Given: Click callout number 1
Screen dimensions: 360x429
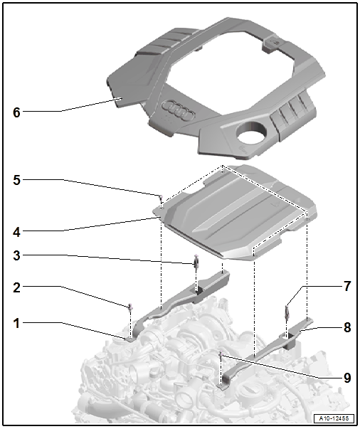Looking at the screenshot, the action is point(16,323).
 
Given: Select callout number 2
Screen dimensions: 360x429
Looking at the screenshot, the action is point(16,287).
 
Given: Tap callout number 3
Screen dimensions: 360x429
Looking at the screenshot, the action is point(16,255).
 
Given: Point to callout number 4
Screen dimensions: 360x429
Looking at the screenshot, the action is point(16,232).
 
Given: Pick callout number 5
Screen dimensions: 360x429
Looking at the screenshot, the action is point(16,180).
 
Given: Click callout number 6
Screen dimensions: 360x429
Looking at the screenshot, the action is point(16,112).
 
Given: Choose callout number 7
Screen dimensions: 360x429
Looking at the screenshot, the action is point(347,287).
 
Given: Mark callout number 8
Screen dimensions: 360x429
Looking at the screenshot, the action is point(347,327).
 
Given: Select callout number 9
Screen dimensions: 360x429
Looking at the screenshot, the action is point(347,378).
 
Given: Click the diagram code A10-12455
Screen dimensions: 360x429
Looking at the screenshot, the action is point(334,418).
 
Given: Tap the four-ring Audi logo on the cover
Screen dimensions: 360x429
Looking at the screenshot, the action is point(178,110).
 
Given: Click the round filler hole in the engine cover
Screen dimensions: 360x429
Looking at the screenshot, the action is point(252,132).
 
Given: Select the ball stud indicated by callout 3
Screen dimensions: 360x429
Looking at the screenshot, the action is point(196,261).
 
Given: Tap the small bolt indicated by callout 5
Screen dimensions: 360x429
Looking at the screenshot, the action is point(161,197).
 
